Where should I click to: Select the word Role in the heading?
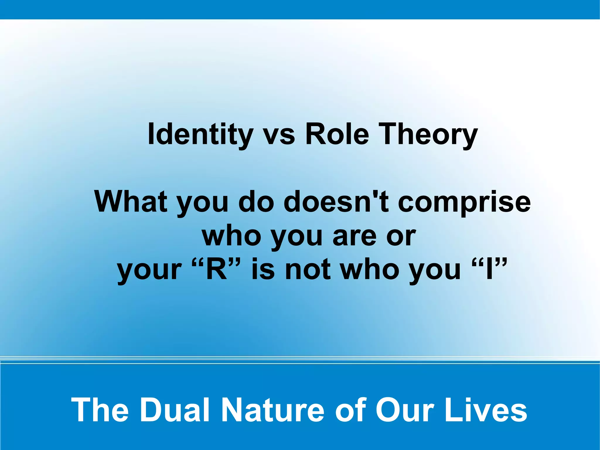tap(337, 134)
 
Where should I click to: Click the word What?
tap(130, 202)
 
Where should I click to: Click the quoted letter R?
tap(217, 269)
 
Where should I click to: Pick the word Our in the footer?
tap(405, 410)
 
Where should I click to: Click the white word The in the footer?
tap(100, 410)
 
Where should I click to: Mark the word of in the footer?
tap(350, 410)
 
